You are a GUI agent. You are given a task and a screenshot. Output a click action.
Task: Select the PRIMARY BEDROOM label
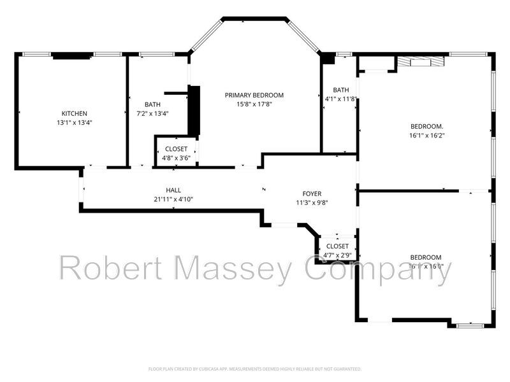[x=254, y=95]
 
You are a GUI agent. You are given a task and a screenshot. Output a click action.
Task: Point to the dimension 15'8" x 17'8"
[x=254, y=104]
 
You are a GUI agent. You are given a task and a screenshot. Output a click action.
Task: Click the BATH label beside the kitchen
[x=152, y=104]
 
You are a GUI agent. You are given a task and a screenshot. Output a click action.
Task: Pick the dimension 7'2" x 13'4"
[x=152, y=114]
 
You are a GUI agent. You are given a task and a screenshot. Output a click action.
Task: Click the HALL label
[x=173, y=190]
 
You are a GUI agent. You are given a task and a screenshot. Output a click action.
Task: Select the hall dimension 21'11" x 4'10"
[x=173, y=199]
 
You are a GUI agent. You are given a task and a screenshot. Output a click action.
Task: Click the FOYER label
[x=312, y=194]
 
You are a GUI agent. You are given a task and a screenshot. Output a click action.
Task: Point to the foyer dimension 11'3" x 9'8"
[x=312, y=203]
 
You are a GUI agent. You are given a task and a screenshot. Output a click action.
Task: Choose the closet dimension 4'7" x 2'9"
[x=337, y=255]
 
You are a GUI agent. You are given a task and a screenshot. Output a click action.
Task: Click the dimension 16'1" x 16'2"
[x=426, y=135]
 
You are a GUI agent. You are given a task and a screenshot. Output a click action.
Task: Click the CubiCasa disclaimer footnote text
[x=255, y=369]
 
